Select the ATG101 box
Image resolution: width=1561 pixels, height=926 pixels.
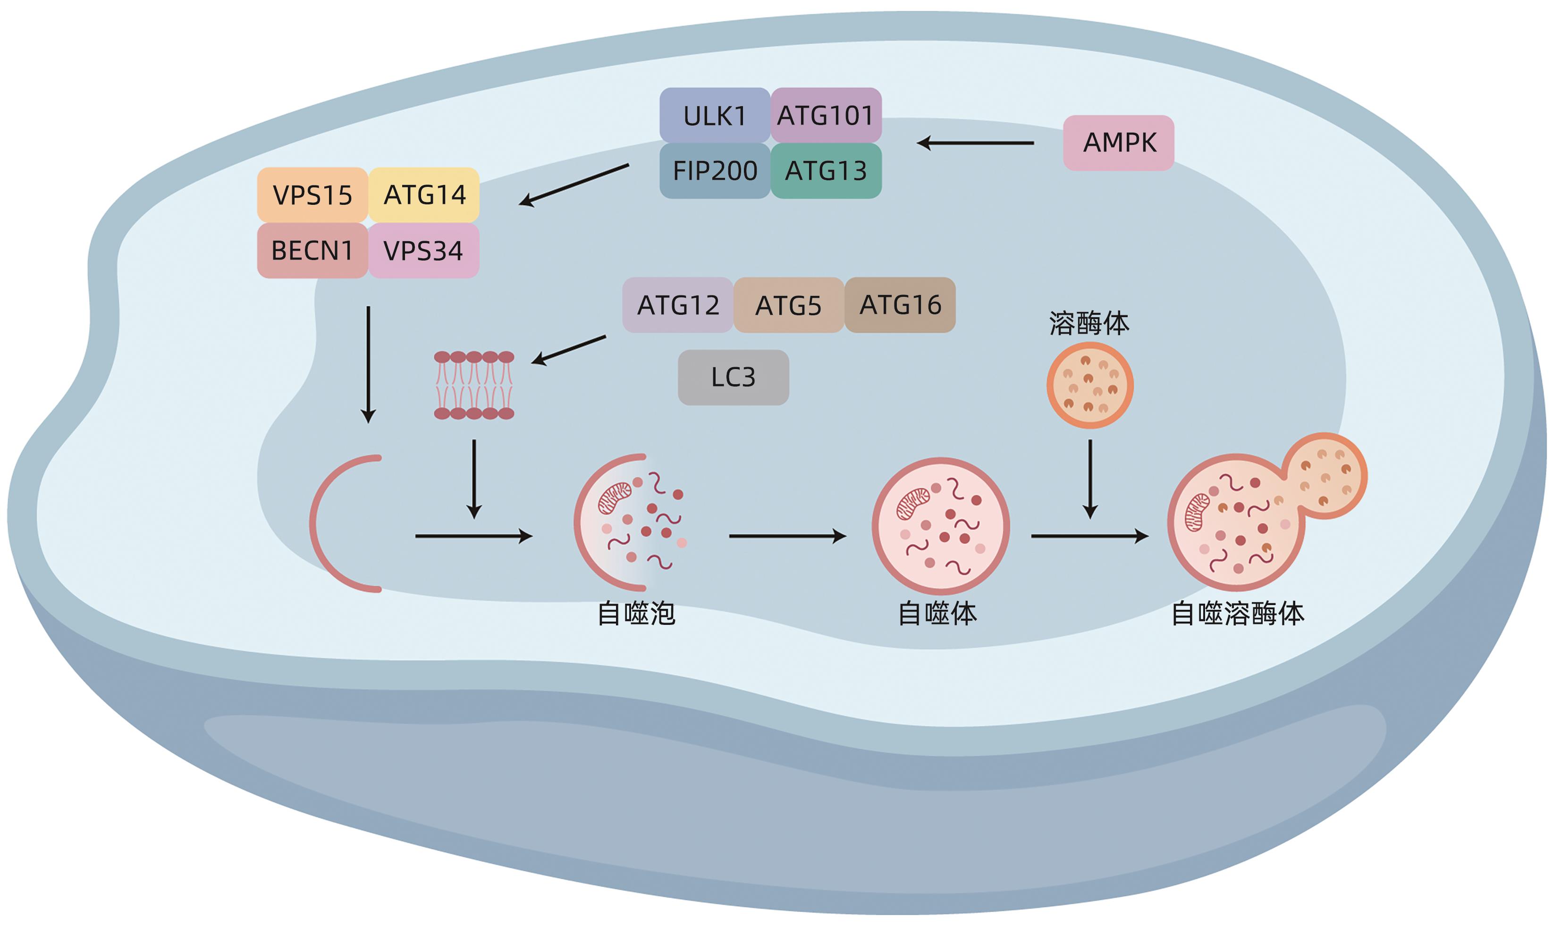click(826, 116)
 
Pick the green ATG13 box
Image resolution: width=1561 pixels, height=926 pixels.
click(826, 171)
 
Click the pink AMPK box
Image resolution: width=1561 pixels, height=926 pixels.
click(1119, 143)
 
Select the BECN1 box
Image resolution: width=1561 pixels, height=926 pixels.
click(312, 251)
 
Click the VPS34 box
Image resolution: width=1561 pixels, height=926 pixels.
click(424, 251)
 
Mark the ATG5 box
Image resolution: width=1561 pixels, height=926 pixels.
click(789, 305)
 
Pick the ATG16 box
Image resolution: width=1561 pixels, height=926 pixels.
click(900, 305)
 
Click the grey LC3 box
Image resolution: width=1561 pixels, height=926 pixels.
click(734, 378)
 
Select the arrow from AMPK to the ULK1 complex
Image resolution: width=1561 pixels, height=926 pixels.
click(975, 143)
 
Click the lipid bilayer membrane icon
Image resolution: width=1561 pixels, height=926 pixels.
click(474, 385)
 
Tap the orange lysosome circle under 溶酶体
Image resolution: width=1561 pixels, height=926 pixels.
click(1090, 385)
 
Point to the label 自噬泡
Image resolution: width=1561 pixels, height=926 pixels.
click(636, 614)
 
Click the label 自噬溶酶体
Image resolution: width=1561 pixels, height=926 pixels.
click(1238, 614)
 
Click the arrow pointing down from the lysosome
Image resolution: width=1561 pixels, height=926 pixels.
click(1090, 479)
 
